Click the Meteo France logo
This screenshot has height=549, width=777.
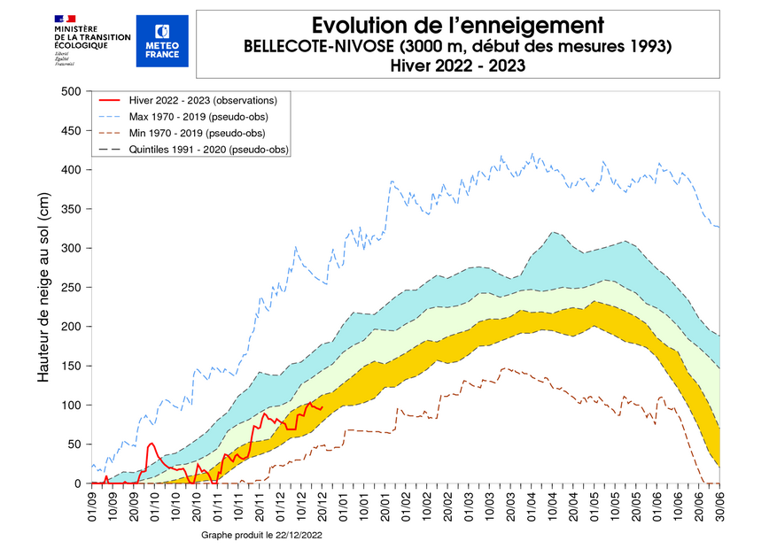[x=162, y=41]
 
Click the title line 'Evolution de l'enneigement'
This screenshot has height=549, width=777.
[x=458, y=24]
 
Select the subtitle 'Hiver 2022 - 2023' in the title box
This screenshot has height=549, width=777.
[x=457, y=65]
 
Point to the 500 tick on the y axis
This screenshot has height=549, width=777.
[x=70, y=91]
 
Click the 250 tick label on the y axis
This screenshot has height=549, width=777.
[x=70, y=288]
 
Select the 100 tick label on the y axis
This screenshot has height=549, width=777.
[x=70, y=406]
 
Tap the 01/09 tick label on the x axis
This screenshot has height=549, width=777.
[x=93, y=506]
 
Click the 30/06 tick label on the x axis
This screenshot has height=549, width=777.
[x=719, y=506]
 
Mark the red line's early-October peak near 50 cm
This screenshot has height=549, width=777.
[x=152, y=443]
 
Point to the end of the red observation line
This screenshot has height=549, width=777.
[x=322, y=407]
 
